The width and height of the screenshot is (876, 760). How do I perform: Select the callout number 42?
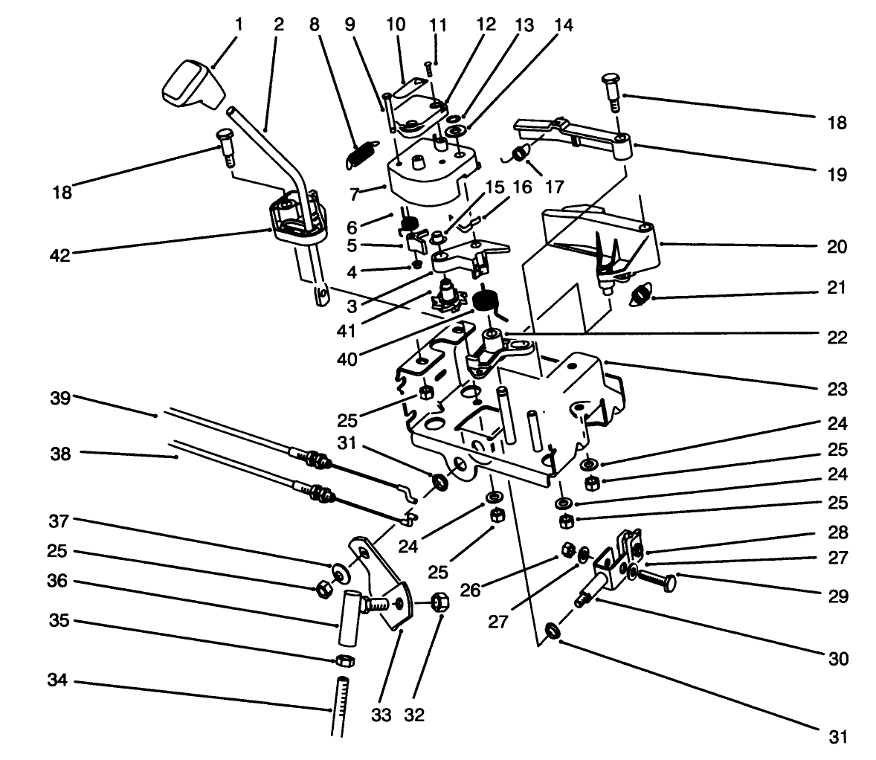59,255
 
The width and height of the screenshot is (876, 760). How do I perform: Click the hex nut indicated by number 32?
438,601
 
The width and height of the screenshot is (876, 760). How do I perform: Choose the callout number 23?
837,389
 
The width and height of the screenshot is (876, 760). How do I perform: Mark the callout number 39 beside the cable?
60,399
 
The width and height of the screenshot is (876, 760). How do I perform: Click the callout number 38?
60,453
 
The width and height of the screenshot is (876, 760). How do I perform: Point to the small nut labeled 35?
344,660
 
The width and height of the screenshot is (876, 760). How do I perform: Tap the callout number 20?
837,246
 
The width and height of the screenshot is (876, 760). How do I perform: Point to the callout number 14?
563,25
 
